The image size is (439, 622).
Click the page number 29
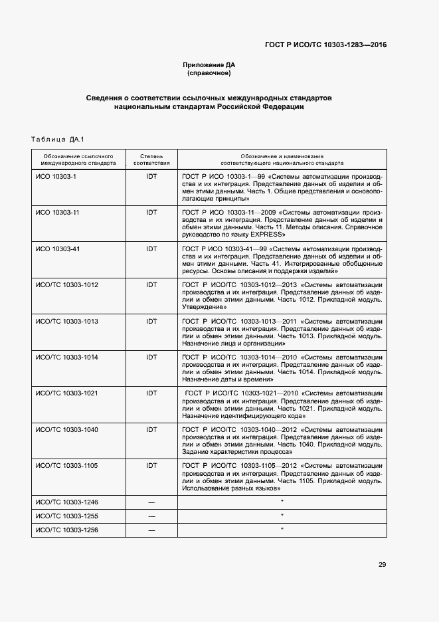(382, 565)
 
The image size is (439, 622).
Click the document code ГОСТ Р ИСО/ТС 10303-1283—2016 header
(325, 45)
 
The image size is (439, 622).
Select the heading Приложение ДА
(209, 64)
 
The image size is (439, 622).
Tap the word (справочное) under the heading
(209, 73)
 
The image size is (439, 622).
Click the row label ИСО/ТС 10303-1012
(66, 284)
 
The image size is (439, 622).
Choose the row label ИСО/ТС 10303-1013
(66, 321)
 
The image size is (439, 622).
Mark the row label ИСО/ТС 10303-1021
(66, 393)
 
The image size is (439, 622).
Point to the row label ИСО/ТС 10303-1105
(66, 465)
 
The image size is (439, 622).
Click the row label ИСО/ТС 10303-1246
(66, 501)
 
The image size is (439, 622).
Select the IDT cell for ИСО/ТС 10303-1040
(151, 429)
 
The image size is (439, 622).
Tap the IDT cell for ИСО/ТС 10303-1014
(151, 357)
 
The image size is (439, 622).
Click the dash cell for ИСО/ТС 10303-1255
(151, 516)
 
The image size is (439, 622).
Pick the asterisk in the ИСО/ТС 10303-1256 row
(282, 530)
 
